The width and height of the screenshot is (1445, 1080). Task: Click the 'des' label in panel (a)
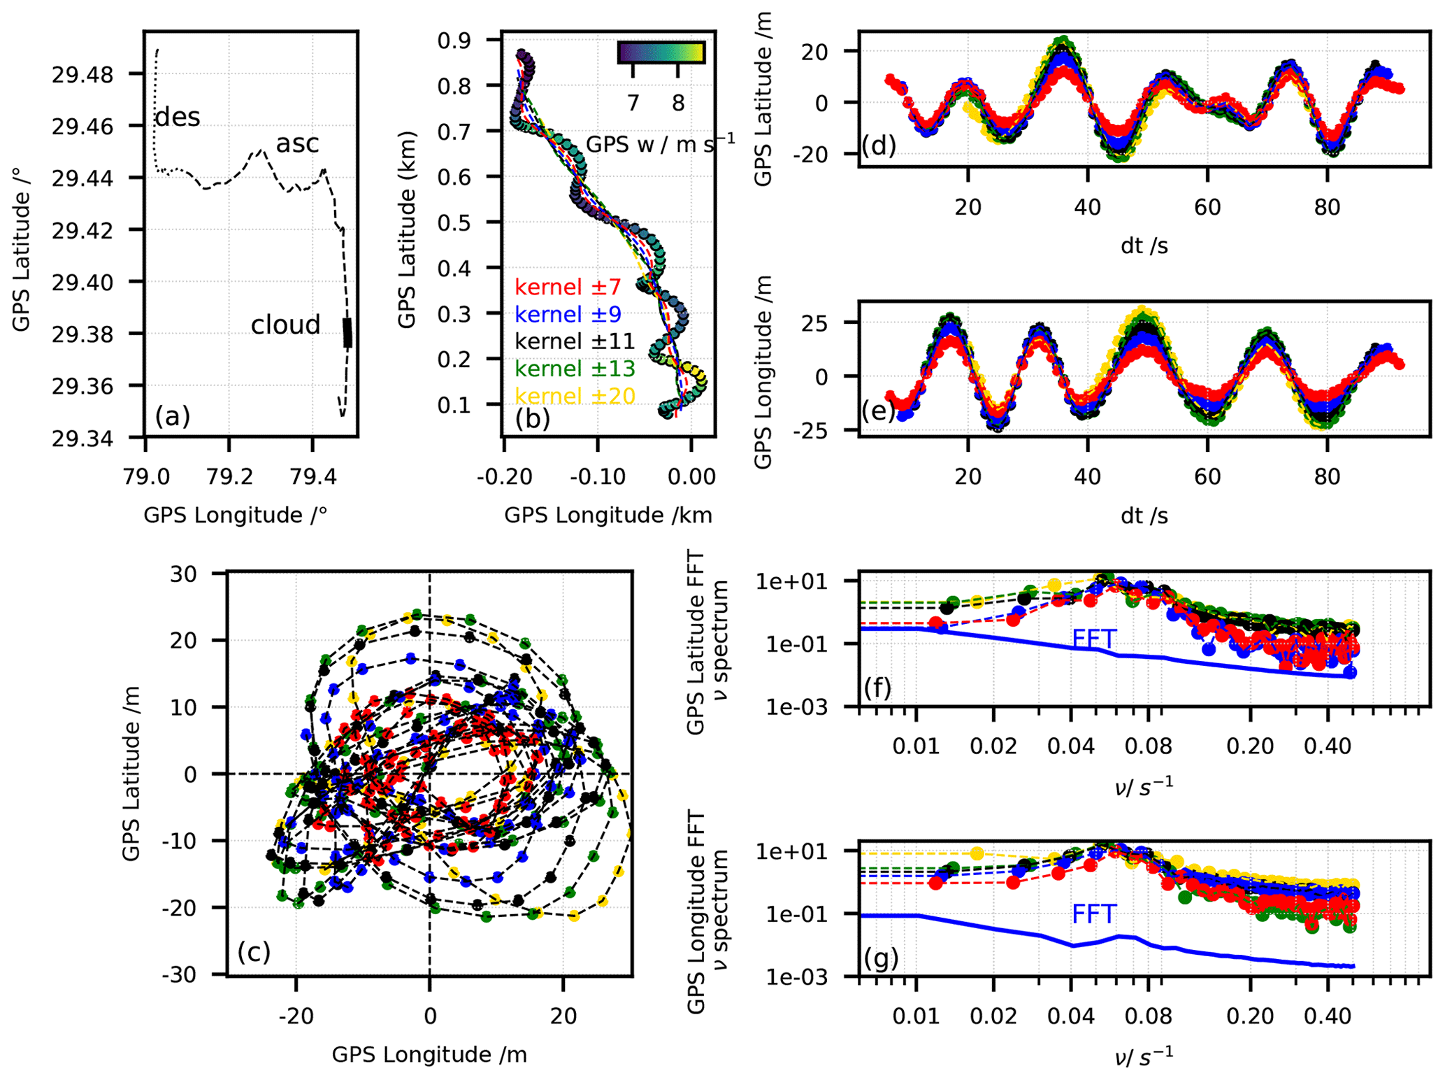[178, 117]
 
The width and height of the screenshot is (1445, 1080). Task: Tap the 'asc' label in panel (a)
[297, 143]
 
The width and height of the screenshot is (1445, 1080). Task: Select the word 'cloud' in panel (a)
[285, 325]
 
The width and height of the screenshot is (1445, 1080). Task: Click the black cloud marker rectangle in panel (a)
[347, 333]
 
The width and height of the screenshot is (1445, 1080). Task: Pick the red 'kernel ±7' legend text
[568, 287]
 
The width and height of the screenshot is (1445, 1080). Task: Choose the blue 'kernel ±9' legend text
[568, 314]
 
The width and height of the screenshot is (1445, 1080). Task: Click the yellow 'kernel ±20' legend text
[575, 396]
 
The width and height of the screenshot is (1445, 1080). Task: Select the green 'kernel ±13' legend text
[575, 369]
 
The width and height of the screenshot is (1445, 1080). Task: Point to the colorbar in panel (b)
[661, 52]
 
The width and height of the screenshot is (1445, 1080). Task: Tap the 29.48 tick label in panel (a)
[82, 75]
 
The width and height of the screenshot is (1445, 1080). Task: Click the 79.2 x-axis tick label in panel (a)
[229, 477]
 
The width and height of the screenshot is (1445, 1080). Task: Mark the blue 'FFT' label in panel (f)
[1094, 638]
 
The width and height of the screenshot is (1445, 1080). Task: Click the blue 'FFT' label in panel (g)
[1094, 914]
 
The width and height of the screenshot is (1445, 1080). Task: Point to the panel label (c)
[253, 951]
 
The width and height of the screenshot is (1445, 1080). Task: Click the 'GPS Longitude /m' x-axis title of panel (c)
[429, 1054]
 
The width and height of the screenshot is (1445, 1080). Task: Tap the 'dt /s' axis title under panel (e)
[1144, 516]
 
